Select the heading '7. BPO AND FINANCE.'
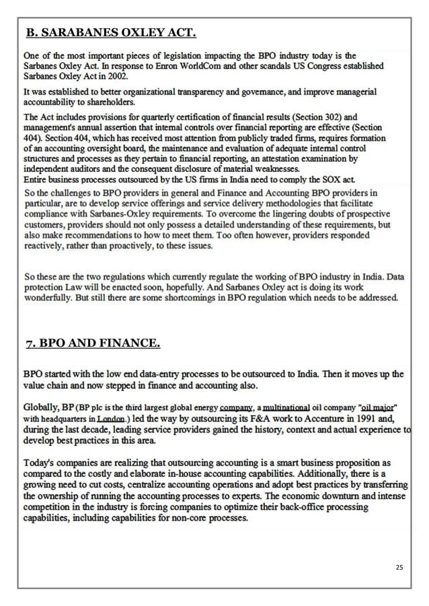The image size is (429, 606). [x=92, y=345]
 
